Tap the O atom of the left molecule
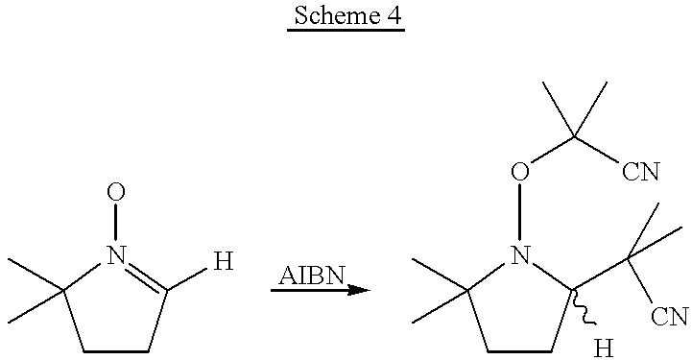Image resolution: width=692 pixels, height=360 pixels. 116,193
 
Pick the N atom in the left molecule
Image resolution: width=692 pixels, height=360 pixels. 116,255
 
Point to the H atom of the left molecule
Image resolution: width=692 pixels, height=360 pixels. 223,261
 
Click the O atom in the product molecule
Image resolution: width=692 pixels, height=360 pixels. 519,173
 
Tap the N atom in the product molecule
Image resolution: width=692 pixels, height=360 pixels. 519,255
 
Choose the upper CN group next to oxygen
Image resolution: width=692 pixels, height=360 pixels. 640,173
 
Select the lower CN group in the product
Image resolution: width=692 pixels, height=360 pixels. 669,317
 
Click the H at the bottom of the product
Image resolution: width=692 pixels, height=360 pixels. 604,348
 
